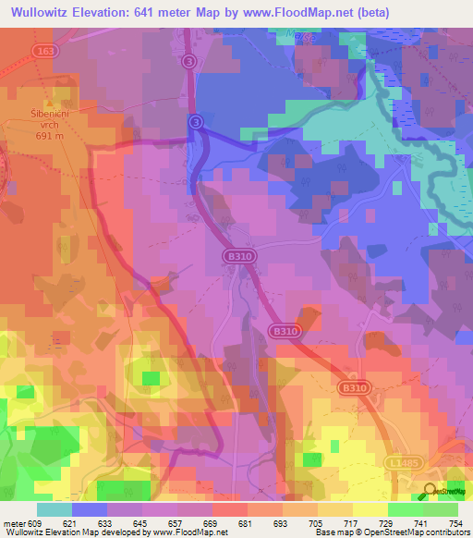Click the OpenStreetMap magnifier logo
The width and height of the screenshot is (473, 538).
point(431,491)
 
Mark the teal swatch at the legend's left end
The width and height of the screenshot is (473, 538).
point(55,508)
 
